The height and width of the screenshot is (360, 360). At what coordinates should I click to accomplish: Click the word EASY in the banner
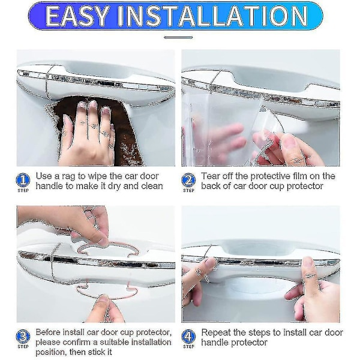pyautogui.click(x=77, y=16)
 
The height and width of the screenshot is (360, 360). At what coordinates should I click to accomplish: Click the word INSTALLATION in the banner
pyautogui.click(x=212, y=16)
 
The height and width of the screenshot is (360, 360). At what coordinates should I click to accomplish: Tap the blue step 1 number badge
pyautogui.click(x=23, y=180)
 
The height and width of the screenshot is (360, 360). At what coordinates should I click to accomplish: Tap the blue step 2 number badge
pyautogui.click(x=188, y=180)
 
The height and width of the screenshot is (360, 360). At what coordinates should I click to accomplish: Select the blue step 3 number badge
pyautogui.click(x=23, y=337)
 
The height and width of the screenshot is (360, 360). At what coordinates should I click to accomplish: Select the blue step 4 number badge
pyautogui.click(x=188, y=337)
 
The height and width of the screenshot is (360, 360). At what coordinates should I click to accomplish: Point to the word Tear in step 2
pyautogui.click(x=210, y=176)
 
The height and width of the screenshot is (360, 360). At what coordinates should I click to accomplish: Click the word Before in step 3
pyautogui.click(x=48, y=332)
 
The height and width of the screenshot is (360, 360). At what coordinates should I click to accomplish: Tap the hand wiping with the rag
pyautogui.click(x=87, y=136)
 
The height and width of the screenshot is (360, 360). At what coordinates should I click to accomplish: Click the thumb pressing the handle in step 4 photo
pyautogui.click(x=310, y=275)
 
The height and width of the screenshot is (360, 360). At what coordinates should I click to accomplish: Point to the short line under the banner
pyautogui.click(x=178, y=37)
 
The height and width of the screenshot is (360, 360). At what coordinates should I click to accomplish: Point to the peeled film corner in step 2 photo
pyautogui.click(x=272, y=119)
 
